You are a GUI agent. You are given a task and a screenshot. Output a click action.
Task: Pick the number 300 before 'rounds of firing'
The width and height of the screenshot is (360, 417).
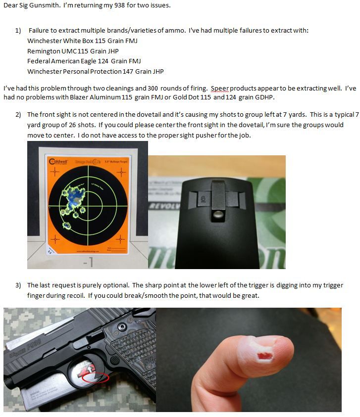coord(153,88)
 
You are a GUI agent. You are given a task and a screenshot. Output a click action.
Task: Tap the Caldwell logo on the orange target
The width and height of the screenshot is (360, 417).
coord(58,161)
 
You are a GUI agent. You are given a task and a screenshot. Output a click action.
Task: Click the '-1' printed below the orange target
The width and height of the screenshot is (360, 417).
coord(88,262)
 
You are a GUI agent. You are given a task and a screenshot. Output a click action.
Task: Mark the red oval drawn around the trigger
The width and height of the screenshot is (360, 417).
coord(95,377)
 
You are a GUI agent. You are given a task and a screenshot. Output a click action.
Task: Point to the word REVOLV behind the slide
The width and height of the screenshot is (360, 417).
coord(165,206)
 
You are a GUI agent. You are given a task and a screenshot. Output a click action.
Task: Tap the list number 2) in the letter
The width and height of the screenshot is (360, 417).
coord(18,115)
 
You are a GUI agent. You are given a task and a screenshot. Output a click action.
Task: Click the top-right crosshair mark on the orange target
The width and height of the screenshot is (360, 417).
coord(121,172)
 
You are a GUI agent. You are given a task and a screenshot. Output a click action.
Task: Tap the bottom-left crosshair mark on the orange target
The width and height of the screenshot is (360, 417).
coord(55,239)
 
